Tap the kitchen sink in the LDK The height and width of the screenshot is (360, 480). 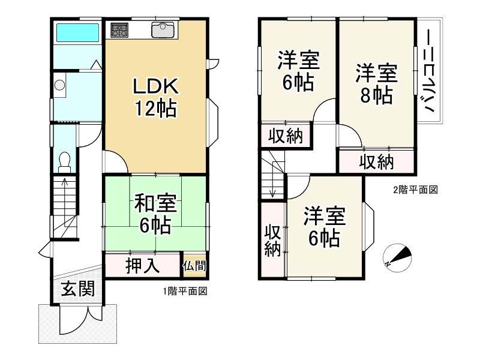click(x=162, y=29)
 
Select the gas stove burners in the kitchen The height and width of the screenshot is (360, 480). click(x=119, y=29)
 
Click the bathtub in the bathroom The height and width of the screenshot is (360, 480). click(x=76, y=32)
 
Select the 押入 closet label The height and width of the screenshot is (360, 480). click(x=142, y=265)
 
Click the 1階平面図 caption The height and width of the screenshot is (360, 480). click(x=185, y=292)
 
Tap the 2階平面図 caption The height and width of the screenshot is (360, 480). click(x=415, y=190)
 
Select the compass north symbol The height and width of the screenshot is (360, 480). click(x=397, y=257)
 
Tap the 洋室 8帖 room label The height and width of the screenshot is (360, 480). click(x=376, y=83)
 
